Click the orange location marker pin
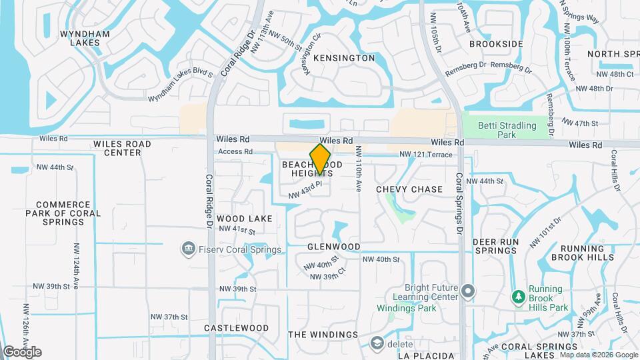[x=320, y=159]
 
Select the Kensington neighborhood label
[x=343, y=58]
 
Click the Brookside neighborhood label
[x=495, y=44]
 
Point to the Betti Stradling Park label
[x=507, y=130]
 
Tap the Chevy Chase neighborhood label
[x=409, y=189]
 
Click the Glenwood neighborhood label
[x=334, y=247]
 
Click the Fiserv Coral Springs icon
[x=188, y=250]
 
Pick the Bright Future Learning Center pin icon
[x=468, y=291]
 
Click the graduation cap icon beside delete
[x=377, y=343]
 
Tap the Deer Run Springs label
[x=495, y=246]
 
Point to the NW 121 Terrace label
[x=425, y=155]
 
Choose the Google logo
[x=22, y=351]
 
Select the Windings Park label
[x=406, y=308]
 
